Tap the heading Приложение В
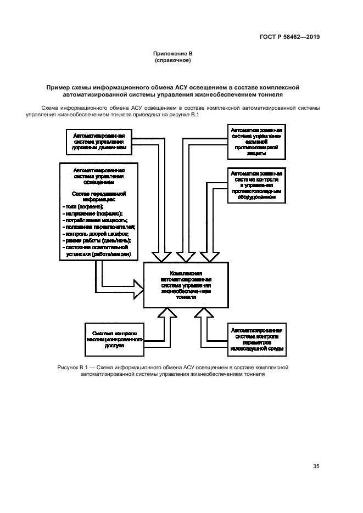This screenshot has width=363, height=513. (x=172, y=54)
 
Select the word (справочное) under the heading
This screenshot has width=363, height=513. (x=172, y=60)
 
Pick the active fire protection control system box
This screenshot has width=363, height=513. (x=255, y=140)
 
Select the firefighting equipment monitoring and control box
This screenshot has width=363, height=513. (x=256, y=186)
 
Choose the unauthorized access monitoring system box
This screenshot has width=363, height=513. (x=115, y=340)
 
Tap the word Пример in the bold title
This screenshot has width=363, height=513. (x=59, y=86)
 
